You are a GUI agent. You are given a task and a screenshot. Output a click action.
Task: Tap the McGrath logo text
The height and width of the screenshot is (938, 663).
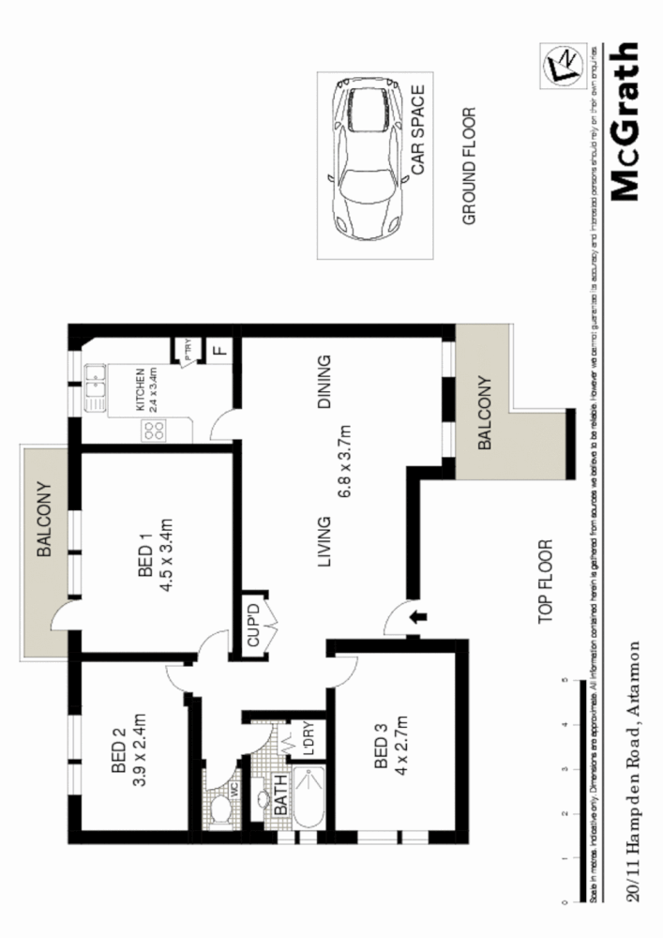pos(625,121)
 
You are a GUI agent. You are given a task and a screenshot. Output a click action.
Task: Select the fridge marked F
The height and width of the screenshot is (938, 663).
pos(220,351)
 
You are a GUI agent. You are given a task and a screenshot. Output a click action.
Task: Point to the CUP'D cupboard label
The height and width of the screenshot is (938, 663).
pos(253,624)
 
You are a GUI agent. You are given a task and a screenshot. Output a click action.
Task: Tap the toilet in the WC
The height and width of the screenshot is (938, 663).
pos(219,808)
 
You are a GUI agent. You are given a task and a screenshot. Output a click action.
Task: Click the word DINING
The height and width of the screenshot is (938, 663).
pos(324,382)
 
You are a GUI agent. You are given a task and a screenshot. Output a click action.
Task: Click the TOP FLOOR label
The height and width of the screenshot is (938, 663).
pos(548,582)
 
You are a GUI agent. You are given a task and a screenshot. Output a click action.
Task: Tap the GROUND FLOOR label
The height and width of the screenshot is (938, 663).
pos(471,167)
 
